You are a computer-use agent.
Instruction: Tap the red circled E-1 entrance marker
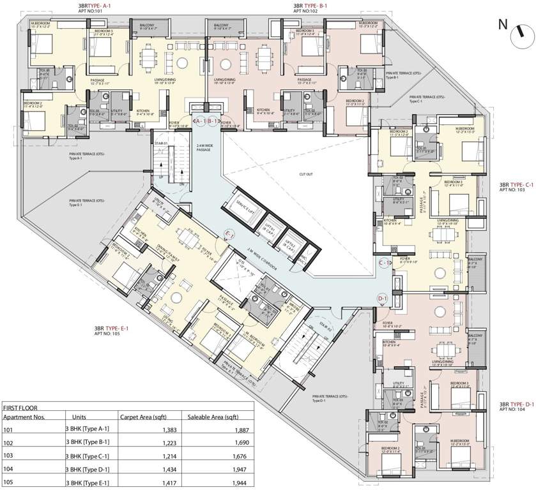[229, 234]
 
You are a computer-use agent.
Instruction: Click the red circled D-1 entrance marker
[383, 298]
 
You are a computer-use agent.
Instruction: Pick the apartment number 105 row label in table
[8, 482]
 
